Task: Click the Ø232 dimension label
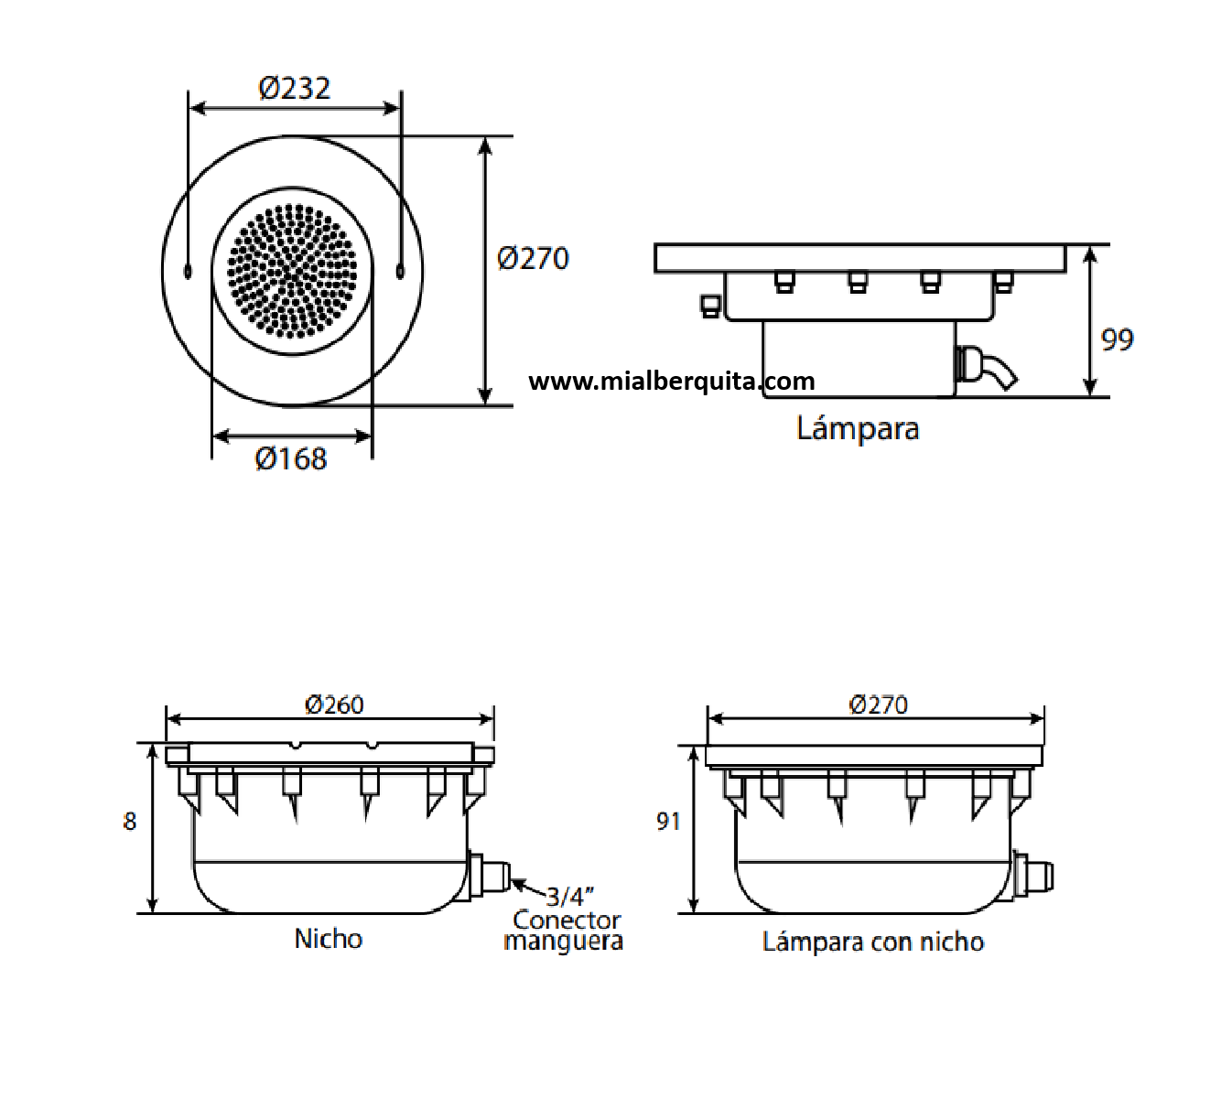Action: tap(295, 88)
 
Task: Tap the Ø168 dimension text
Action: tap(291, 458)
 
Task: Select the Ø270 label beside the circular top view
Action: tap(534, 258)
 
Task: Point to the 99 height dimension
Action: tap(1118, 339)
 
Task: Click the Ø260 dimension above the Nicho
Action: tap(334, 705)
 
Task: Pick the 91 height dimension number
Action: tap(668, 822)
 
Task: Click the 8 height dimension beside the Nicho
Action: tap(130, 822)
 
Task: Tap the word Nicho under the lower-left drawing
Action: tap(329, 939)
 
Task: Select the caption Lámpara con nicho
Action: tap(873, 942)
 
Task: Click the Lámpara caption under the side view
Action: tap(858, 428)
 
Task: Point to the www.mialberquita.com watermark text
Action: tap(672, 382)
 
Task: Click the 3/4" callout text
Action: tap(569, 897)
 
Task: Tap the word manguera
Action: tap(564, 942)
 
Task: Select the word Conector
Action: tap(567, 919)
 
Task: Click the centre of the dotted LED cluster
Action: tap(292, 272)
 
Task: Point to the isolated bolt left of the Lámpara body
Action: tap(710, 307)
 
